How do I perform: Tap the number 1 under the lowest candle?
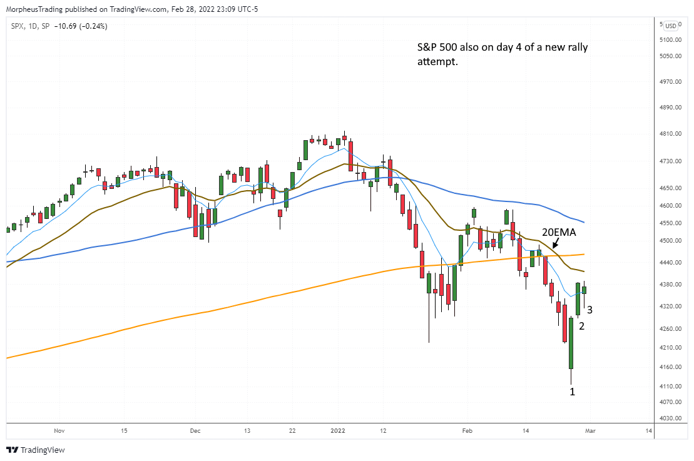tap(571, 392)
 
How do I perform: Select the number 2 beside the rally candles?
tap(581, 326)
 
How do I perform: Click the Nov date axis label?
tap(59, 430)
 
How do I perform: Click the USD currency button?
tap(671, 26)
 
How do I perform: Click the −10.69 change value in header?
tap(67, 26)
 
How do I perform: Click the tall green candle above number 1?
tap(571, 343)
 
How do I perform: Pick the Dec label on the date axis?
tap(195, 430)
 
